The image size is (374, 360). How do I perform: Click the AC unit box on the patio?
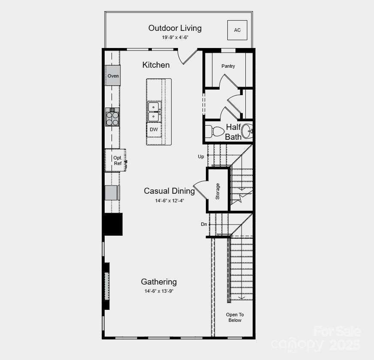click(237, 30)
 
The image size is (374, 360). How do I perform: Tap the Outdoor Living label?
click(175, 28)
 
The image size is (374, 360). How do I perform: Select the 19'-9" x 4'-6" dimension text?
click(175, 38)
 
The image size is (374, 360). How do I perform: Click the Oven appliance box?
click(113, 76)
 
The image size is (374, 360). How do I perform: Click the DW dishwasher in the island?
click(154, 129)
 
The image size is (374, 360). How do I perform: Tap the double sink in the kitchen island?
click(154, 111)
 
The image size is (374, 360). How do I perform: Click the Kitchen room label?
click(156, 65)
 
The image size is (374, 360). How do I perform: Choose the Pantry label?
click(228, 66)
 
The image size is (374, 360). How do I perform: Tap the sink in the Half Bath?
click(247, 131)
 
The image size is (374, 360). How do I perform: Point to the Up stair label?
click(201, 156)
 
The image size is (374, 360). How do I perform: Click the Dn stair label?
click(204, 224)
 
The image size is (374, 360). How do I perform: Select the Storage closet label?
click(217, 191)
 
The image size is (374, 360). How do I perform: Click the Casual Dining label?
click(169, 191)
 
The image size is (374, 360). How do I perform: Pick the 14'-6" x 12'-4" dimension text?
click(170, 201)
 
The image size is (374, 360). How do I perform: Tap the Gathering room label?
click(159, 282)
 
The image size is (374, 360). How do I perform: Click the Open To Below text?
click(235, 318)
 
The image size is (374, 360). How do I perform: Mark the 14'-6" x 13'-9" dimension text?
click(159, 291)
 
